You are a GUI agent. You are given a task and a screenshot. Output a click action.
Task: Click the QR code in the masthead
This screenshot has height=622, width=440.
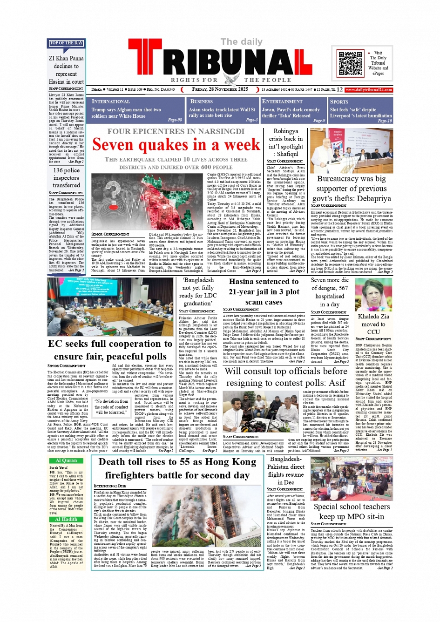coord(350,64)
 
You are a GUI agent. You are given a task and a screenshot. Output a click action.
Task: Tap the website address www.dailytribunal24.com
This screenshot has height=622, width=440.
coord(369,89)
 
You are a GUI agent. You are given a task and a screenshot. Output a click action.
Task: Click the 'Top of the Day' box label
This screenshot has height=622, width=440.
coord(66,43)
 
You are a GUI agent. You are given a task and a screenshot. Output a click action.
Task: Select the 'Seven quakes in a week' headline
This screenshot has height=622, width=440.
coord(176,145)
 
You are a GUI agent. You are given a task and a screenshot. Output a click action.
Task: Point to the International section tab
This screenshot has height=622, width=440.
coord(111,101)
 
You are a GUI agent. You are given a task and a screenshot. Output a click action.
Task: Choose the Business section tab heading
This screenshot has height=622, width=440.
coord(202,101)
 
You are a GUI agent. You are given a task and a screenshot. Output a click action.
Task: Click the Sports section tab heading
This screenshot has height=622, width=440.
coord(339,101)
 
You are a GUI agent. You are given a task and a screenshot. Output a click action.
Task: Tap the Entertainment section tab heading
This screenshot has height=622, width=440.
coord(282,101)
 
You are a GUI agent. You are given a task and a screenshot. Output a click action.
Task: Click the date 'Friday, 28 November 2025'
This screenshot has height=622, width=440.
coord(220,89)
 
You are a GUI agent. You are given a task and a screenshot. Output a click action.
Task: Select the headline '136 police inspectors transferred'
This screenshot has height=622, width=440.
coord(66,178)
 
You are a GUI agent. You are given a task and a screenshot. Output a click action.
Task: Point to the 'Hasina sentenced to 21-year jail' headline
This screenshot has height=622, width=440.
coord(264,292)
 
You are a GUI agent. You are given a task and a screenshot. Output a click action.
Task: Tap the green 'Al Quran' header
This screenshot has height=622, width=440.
coord(66,460)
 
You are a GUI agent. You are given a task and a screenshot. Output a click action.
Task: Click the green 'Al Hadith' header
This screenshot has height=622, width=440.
coord(66,519)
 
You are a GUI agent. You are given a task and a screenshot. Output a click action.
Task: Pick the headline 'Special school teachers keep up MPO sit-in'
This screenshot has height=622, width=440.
coord(352,511)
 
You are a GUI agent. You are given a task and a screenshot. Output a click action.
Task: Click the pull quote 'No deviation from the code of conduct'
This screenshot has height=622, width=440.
coord(111,406)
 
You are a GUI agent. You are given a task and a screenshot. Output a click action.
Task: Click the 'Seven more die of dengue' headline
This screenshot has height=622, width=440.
coord(330,292)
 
